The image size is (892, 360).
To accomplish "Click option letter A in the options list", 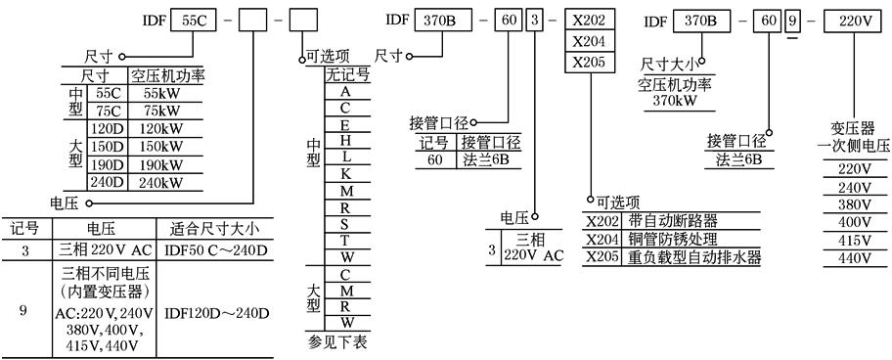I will [x=345, y=91].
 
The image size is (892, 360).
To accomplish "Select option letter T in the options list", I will [x=345, y=241].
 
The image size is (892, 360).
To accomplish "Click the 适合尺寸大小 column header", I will [x=214, y=228].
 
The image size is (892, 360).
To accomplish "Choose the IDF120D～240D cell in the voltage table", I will [x=214, y=312].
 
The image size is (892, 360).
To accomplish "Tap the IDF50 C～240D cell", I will [x=214, y=249].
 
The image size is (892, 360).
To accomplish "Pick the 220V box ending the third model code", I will [x=854, y=20].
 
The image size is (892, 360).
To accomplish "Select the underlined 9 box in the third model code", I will [x=787, y=20].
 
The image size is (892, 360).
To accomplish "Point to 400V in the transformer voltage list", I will [x=852, y=222].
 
